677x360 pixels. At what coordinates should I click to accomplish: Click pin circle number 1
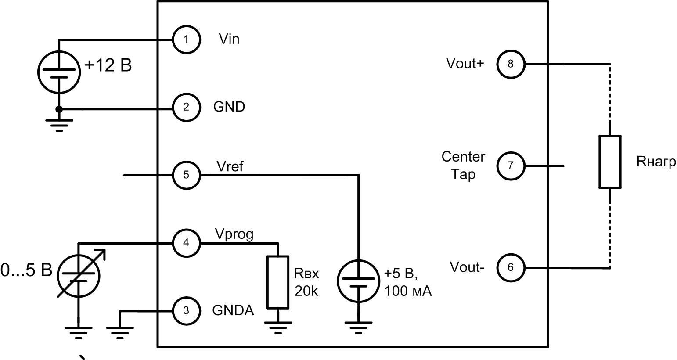(186, 40)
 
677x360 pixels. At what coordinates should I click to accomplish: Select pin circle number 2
(186, 107)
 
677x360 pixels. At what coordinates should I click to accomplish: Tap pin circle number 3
(186, 311)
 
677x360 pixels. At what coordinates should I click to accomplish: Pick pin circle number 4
(186, 242)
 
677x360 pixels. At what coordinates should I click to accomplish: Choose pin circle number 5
(186, 175)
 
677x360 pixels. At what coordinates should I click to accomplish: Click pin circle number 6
(510, 267)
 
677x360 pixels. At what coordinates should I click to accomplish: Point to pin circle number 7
(510, 166)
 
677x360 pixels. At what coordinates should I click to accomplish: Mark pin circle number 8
(510, 64)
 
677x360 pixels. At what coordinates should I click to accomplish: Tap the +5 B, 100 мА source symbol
(358, 281)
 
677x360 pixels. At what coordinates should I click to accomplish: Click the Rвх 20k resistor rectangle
(278, 282)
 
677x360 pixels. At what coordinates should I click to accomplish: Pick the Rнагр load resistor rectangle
(610, 162)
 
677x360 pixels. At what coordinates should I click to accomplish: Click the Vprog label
(234, 234)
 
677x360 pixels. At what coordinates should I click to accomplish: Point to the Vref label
(230, 167)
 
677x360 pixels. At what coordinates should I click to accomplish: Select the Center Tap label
(463, 166)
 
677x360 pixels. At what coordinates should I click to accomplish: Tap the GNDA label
(233, 310)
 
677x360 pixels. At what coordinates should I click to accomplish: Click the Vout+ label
(465, 64)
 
